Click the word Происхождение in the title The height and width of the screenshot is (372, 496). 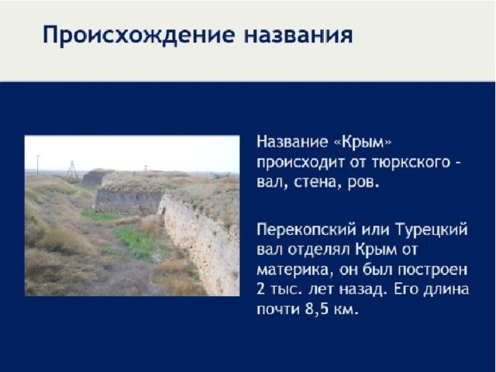point(139,35)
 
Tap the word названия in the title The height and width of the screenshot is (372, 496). point(298,35)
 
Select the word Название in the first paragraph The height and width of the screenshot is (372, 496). point(292,142)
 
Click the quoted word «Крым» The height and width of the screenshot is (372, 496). point(363,142)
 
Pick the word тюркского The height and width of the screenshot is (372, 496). point(411,164)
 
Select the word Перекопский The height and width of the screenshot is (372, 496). point(306,230)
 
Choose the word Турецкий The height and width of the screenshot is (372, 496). point(432,230)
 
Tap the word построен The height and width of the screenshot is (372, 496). point(432,270)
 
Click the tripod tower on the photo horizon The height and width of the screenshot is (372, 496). point(72,169)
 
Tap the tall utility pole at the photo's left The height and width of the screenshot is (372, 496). point(38,164)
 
